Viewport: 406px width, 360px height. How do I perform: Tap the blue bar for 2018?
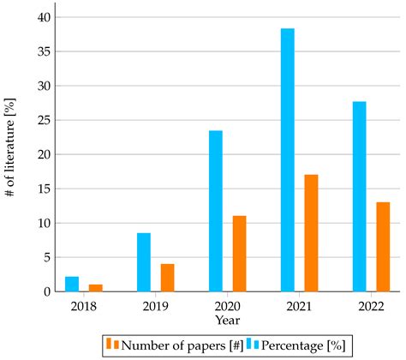point(72,284)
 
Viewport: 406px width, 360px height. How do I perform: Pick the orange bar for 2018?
point(96,288)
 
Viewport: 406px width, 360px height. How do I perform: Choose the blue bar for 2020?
point(215,211)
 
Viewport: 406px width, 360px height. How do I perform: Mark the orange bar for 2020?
point(239,254)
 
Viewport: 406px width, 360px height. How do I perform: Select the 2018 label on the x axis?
point(84,306)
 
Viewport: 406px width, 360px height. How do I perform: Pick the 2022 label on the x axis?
point(371,306)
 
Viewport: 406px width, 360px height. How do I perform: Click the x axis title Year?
point(228,321)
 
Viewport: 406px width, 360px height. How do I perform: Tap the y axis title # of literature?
point(11,154)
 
